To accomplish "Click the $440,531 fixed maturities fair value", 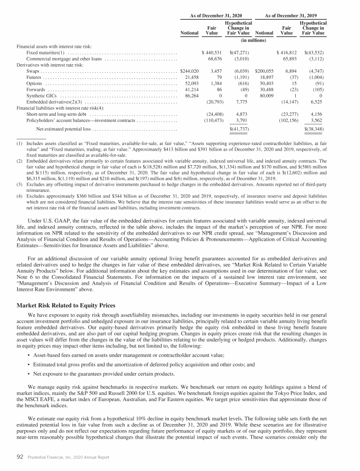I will (211, 53).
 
